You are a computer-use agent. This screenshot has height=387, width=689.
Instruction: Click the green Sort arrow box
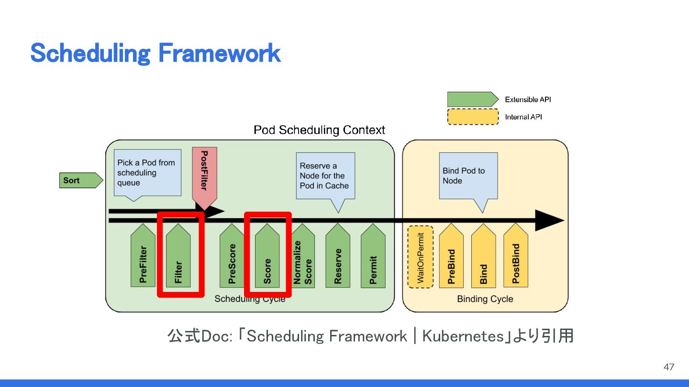pyautogui.click(x=80, y=181)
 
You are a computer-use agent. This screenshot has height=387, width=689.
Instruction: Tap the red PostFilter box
pyautogui.click(x=204, y=174)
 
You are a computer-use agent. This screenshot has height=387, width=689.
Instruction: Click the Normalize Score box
pyautogui.click(x=303, y=260)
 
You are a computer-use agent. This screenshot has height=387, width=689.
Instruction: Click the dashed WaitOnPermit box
pyautogui.click(x=421, y=257)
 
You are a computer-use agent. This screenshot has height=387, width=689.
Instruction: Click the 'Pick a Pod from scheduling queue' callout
pyautogui.click(x=147, y=172)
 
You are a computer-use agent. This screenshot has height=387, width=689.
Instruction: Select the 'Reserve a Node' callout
pyautogui.click(x=325, y=175)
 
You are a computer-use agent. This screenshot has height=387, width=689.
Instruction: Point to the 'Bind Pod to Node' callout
pyautogui.click(x=468, y=175)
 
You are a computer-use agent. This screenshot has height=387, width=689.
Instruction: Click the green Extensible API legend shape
pyautogui.click(x=472, y=99)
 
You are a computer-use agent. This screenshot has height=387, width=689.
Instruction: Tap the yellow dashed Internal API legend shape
pyautogui.click(x=473, y=117)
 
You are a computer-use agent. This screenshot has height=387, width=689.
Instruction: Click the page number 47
pyautogui.click(x=668, y=367)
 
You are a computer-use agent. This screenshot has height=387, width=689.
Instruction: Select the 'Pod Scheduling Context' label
pyautogui.click(x=319, y=130)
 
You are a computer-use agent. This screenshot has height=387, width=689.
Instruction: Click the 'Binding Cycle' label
pyautogui.click(x=485, y=299)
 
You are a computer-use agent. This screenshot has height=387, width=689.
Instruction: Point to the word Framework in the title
pyautogui.click(x=219, y=53)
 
